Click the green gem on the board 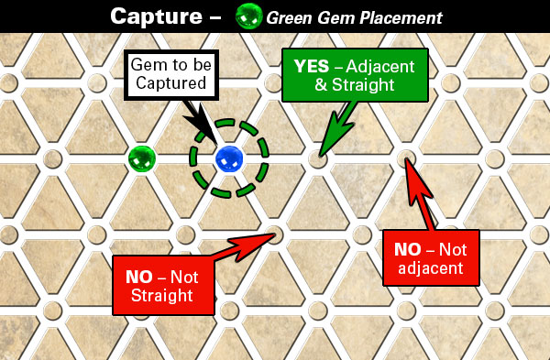[x=142, y=158]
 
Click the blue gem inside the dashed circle [x=229, y=158]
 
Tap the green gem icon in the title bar [x=248, y=16]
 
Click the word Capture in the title [x=156, y=16]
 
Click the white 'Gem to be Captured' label [x=171, y=75]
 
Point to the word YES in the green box [x=312, y=66]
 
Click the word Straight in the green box [x=363, y=85]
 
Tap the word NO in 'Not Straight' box [x=139, y=277]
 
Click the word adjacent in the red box [x=431, y=268]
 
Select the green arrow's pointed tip [x=320, y=156]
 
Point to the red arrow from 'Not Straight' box [x=242, y=248]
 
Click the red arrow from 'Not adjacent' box [x=420, y=194]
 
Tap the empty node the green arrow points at [x=317, y=159]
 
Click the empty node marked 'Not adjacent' [x=406, y=158]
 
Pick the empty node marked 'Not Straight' [x=273, y=235]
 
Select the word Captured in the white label [x=171, y=83]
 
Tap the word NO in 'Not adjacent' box [x=408, y=249]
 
